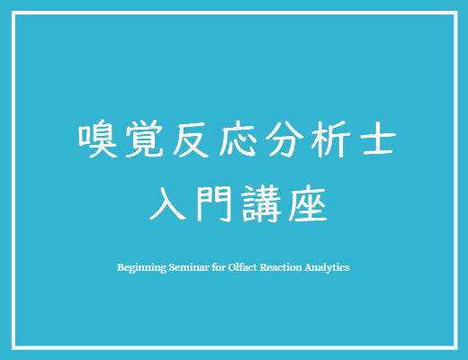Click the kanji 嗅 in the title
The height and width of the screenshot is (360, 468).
[97, 139]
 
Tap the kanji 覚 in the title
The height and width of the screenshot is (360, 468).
[144, 139]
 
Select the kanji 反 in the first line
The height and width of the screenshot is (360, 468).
[191, 139]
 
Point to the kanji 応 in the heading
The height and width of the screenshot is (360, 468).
[238, 139]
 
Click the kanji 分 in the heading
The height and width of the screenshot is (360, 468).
[284, 139]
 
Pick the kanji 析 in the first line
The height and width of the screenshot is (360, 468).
[330, 139]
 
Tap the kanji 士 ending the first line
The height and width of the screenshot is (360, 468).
[378, 139]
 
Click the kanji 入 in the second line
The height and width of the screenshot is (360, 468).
[168, 203]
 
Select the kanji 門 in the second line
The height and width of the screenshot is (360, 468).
[214, 203]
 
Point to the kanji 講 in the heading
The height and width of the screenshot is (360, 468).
[261, 203]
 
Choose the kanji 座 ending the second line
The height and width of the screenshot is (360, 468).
[308, 203]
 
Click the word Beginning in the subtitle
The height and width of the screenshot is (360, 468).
[141, 267]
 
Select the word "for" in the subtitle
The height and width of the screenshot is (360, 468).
[219, 267]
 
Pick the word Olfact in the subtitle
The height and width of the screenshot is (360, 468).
[242, 267]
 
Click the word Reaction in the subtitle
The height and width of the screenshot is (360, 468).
[281, 267]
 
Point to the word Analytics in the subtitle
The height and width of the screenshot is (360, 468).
[327, 267]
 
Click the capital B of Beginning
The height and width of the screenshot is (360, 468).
[121, 267]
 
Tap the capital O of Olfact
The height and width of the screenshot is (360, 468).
[231, 267]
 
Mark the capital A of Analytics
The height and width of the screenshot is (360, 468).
[309, 267]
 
